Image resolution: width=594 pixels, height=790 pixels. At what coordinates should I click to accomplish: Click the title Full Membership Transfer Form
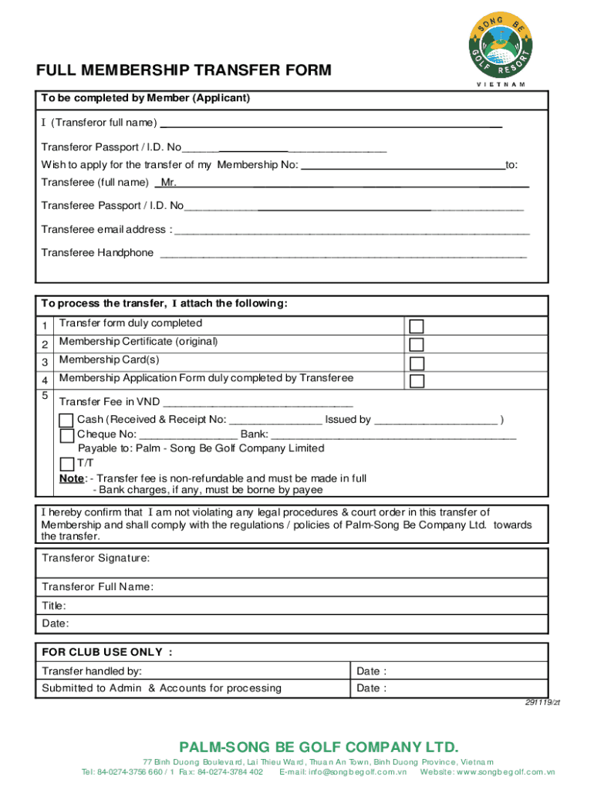[184, 71]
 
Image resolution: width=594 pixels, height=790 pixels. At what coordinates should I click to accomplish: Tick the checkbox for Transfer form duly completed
[417, 326]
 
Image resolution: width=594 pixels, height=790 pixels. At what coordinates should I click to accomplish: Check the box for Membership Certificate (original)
[417, 345]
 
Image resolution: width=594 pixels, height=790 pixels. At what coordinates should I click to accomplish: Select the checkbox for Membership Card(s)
[417, 363]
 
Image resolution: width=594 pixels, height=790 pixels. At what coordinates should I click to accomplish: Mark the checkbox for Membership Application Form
[417, 382]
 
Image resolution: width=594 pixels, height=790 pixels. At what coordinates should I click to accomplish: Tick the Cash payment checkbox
[67, 420]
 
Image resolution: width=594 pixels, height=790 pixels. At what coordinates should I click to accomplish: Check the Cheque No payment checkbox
[67, 436]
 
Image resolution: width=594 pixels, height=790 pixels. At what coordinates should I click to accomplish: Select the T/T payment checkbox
[67, 464]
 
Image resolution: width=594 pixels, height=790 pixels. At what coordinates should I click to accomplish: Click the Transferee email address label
[103, 229]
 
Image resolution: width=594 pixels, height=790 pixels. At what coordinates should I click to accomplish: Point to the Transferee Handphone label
[97, 253]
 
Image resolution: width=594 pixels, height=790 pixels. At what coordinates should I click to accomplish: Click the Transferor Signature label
[96, 558]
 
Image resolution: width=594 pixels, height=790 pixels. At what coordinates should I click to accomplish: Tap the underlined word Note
[73, 478]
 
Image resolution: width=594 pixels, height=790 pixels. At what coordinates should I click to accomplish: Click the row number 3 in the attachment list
[45, 362]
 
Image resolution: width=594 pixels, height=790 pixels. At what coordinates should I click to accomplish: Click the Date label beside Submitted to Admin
[371, 688]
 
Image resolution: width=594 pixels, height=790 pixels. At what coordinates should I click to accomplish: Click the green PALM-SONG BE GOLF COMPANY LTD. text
[319, 747]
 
